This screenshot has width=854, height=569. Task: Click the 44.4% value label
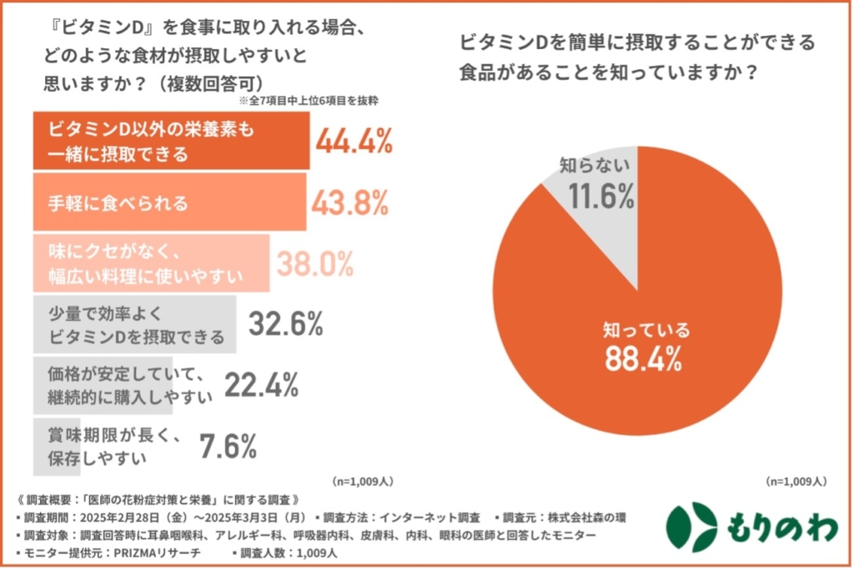coord(354,142)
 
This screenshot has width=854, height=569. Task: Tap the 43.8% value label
coord(350,202)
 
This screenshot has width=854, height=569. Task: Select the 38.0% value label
coord(314,264)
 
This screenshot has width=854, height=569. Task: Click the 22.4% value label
coord(260,384)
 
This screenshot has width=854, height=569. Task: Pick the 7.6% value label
coord(228,447)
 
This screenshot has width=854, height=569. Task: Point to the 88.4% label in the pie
coord(646,362)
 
